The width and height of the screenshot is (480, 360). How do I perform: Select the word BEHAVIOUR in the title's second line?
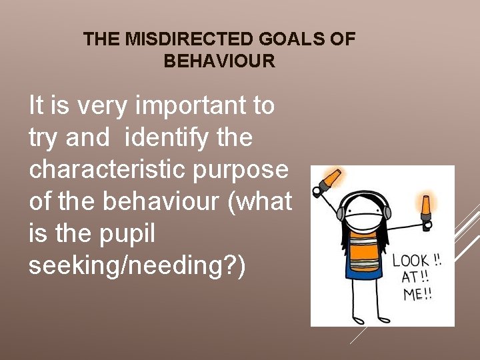click(219, 61)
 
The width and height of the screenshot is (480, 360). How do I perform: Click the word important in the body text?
click(171, 105)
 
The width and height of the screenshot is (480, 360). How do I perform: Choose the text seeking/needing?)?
click(137, 265)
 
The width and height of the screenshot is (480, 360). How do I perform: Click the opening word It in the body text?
click(37, 105)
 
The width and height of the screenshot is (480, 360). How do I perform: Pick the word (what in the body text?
click(260, 201)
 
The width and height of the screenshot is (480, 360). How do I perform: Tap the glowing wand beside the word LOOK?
click(425, 207)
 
